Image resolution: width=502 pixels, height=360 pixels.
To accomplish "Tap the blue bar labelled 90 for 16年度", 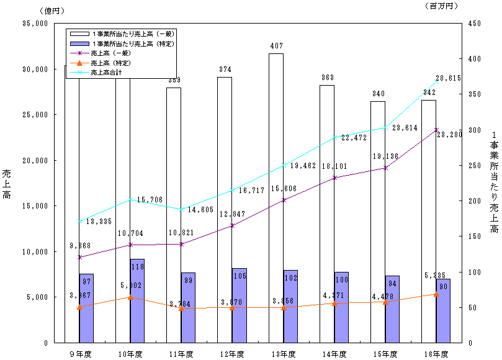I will (443, 310).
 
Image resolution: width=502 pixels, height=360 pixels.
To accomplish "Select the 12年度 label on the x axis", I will (232, 354).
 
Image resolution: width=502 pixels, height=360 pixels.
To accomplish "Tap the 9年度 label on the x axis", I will (79, 354).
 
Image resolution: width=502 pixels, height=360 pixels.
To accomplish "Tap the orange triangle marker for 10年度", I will (130, 297).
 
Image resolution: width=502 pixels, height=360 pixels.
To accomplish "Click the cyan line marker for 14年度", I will (334, 137).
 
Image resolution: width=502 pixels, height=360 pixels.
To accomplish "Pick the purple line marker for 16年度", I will (436, 130).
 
